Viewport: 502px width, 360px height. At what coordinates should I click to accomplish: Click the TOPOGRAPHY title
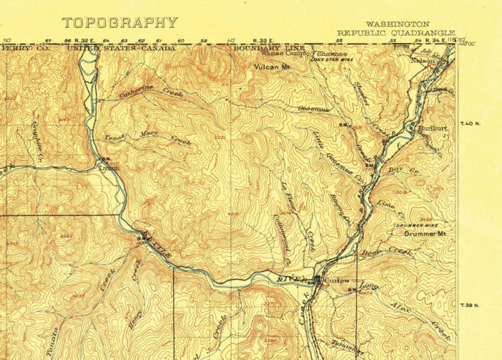click(x=119, y=22)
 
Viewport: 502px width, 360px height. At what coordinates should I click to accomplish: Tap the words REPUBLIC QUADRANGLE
click(x=397, y=32)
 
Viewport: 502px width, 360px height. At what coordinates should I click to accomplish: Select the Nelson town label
click(x=422, y=61)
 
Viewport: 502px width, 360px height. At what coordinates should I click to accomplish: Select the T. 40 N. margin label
click(x=468, y=124)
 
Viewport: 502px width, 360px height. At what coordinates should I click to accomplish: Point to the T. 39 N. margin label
click(x=468, y=304)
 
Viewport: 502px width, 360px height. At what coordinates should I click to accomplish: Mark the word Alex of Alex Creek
click(x=399, y=305)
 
